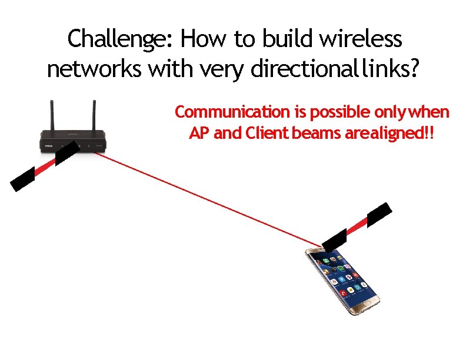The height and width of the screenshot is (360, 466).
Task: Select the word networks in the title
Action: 94,70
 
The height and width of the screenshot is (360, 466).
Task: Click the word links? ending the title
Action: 391,70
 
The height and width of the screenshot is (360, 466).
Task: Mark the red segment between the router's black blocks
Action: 45,167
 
